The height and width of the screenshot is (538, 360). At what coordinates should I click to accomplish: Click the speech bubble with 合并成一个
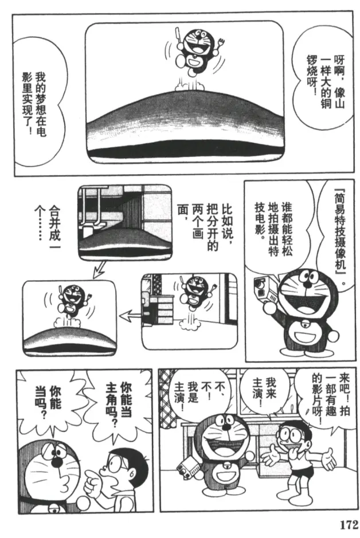click(46, 226)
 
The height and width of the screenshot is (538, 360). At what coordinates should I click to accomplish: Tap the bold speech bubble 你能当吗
click(48, 401)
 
